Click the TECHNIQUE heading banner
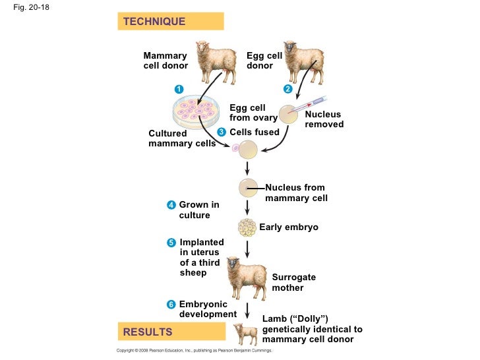click(x=170, y=22)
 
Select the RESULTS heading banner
click(x=170, y=332)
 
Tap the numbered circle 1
click(x=178, y=89)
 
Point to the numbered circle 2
click(x=287, y=89)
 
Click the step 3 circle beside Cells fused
click(x=222, y=132)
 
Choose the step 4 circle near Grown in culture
click(x=171, y=205)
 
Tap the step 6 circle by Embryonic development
click(x=171, y=304)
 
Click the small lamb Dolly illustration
click(x=245, y=333)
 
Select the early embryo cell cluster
click(x=247, y=227)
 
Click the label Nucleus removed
click(x=324, y=119)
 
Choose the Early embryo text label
click(x=289, y=227)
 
